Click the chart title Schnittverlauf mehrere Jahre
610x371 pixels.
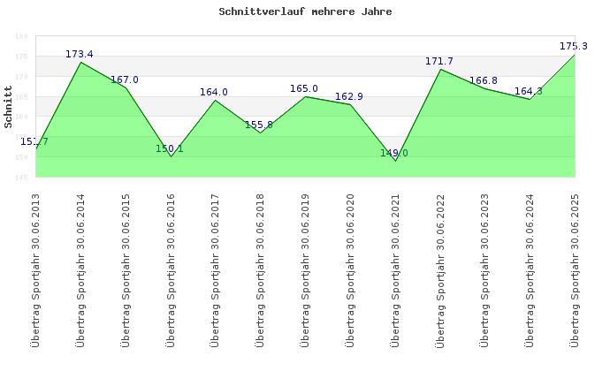tap(305, 12)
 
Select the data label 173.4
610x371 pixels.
tap(80, 55)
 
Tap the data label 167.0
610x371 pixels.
tap(125, 80)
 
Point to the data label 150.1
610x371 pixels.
tap(170, 149)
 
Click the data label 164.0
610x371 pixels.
tap(214, 93)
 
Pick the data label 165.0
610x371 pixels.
tap(304, 89)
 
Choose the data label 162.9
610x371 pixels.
tap(349, 97)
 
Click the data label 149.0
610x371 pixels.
tap(394, 154)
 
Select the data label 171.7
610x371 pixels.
tap(439, 62)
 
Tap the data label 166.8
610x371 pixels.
tap(484, 81)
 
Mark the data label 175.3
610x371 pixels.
tap(574, 47)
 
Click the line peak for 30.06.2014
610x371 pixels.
tap(81, 62)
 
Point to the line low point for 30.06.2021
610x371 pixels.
tap(395, 161)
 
